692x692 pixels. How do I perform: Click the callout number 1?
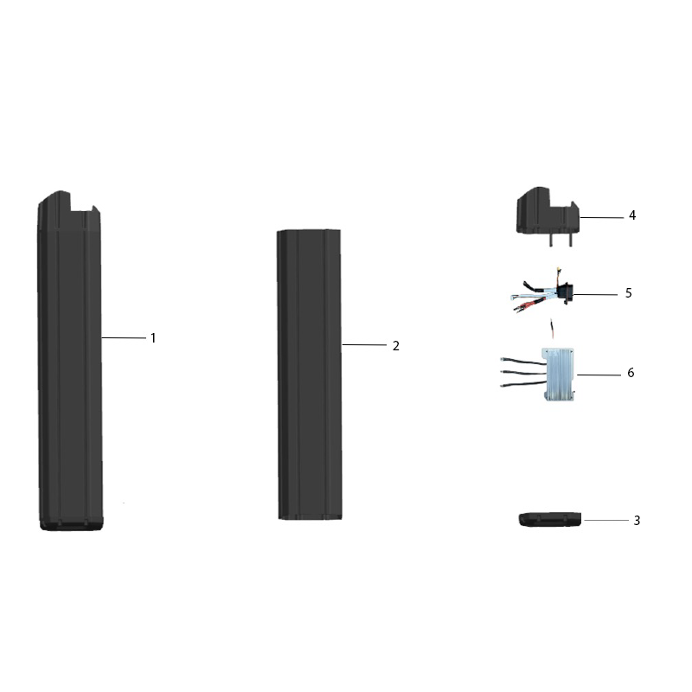click(153, 338)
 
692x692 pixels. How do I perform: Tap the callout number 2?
click(396, 346)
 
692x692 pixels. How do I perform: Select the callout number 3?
click(637, 521)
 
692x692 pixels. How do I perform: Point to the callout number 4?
click(632, 215)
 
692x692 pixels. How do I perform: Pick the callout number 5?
click(629, 293)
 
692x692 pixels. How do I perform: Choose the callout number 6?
click(631, 373)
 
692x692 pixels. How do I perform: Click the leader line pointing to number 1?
click(124, 338)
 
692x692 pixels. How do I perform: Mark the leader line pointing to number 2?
click(364, 344)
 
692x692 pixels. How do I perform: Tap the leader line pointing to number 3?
click(606, 521)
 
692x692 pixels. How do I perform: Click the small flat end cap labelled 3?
click(550, 520)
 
